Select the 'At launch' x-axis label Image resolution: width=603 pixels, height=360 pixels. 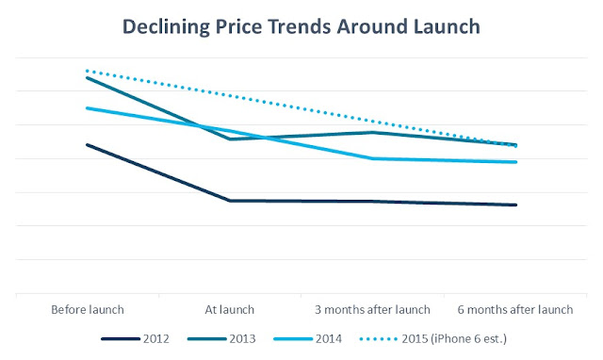(x=231, y=309)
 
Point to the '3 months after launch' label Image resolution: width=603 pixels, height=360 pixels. (x=373, y=309)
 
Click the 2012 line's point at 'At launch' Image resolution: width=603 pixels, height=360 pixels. (x=231, y=201)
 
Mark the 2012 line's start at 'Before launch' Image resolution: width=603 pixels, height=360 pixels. (x=88, y=145)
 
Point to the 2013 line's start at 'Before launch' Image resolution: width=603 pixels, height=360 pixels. (x=88, y=77)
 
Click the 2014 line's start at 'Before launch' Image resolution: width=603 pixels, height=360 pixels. (x=88, y=108)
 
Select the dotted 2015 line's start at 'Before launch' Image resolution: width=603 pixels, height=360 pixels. (x=88, y=71)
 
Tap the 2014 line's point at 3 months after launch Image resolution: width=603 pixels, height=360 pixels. (x=374, y=158)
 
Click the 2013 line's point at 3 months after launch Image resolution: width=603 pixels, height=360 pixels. (x=374, y=133)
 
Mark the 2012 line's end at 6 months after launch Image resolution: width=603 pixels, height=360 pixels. (x=516, y=205)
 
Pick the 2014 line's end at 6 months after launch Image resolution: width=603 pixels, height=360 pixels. (x=516, y=162)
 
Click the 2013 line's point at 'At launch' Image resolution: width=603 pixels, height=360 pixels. (x=231, y=139)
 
